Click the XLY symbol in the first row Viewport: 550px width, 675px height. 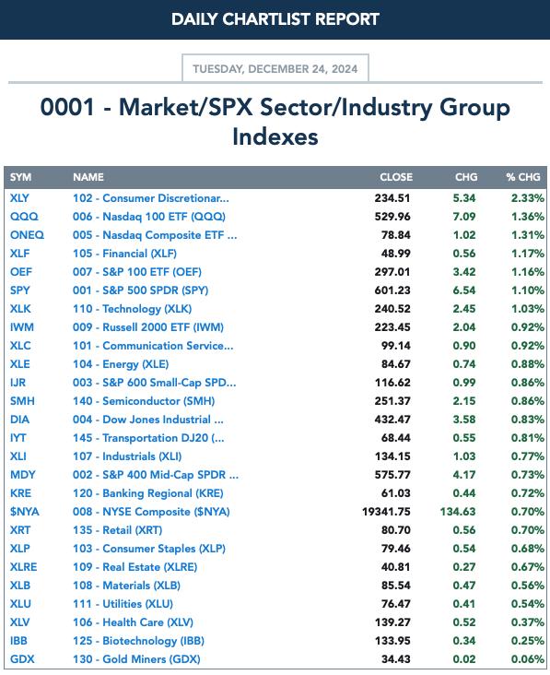pyautogui.click(x=19, y=198)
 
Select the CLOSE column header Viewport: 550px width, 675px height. pyautogui.click(x=396, y=177)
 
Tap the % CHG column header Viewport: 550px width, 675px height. pyautogui.click(x=523, y=177)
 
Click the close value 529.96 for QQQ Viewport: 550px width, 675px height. pyautogui.click(x=392, y=217)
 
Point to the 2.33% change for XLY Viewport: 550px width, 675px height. pyautogui.click(x=527, y=198)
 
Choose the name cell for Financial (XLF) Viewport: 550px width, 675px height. pyautogui.click(x=124, y=254)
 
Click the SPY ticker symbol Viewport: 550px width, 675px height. pyautogui.click(x=20, y=290)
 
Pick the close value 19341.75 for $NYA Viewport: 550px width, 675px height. pyautogui.click(x=386, y=512)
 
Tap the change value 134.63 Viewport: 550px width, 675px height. pyautogui.click(x=458, y=512)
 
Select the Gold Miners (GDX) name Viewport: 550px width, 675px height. pyautogui.click(x=136, y=659)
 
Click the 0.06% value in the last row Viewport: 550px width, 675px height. pyautogui.click(x=527, y=659)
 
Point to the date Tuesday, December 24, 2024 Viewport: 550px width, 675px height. pyautogui.click(x=275, y=69)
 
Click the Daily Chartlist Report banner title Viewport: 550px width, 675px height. pyautogui.click(x=275, y=19)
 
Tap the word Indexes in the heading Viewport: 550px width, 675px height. pyautogui.click(x=275, y=136)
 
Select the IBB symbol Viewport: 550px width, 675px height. pyautogui.click(x=19, y=641)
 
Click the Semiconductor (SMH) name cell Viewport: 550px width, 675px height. pyautogui.click(x=144, y=401)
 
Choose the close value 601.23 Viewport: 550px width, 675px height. pyautogui.click(x=392, y=290)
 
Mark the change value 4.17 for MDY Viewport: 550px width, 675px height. pyautogui.click(x=464, y=474)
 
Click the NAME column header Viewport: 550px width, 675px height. pyautogui.click(x=88, y=177)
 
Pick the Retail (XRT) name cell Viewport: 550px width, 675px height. pyautogui.click(x=117, y=530)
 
